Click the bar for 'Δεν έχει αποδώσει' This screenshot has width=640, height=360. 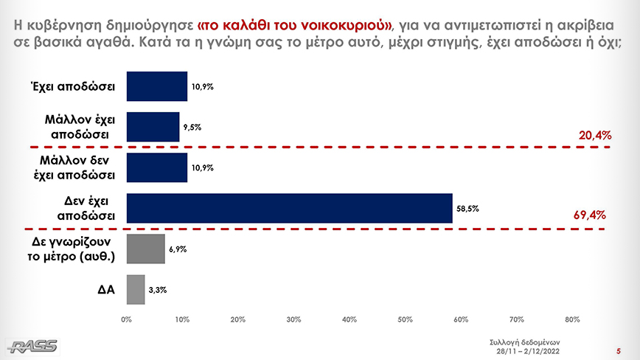[x=289, y=208]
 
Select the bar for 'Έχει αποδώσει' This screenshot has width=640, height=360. [x=157, y=86]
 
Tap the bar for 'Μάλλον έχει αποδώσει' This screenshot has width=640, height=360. [x=153, y=127]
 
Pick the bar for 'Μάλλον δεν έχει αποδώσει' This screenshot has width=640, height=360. [x=157, y=167]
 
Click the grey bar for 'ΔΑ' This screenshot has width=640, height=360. [x=136, y=289]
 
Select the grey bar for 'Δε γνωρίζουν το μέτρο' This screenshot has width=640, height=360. [x=146, y=249]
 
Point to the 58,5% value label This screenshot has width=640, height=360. [x=468, y=209]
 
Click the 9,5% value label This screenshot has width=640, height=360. [x=192, y=128]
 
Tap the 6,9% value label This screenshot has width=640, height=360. [x=177, y=249]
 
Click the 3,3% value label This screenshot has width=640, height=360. [x=157, y=290]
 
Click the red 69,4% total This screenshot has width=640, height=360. [x=589, y=215]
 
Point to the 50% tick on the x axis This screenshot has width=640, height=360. [x=405, y=319]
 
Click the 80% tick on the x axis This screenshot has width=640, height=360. [x=572, y=319]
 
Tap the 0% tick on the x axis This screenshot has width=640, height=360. [x=127, y=319]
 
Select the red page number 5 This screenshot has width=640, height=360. [x=619, y=350]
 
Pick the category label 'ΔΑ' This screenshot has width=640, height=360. [x=105, y=290]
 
